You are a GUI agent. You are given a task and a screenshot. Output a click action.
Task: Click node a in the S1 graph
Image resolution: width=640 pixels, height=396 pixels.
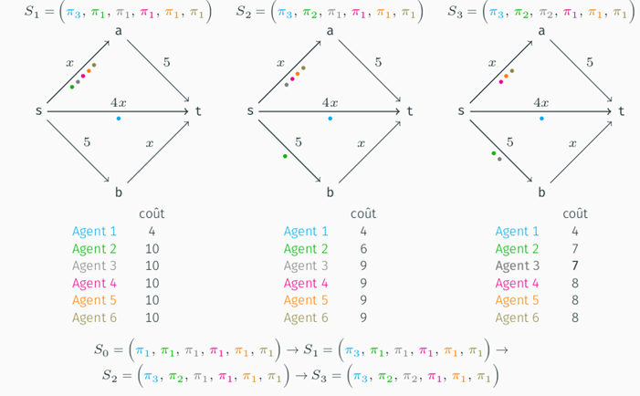tap(119, 32)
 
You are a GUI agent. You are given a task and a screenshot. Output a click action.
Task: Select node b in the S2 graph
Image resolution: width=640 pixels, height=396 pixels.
tap(330, 193)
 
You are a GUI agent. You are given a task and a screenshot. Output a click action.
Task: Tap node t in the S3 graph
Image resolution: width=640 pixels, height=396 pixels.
tap(622, 111)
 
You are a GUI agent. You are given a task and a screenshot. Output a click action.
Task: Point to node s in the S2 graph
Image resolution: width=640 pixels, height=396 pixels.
tap(250, 111)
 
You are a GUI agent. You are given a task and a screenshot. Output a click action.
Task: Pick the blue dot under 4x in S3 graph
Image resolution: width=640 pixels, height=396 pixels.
tap(541, 119)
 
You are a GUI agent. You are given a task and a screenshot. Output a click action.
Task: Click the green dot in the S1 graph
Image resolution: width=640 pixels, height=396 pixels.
tap(72, 87)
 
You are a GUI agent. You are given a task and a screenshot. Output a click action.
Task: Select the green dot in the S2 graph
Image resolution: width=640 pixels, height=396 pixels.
tap(285, 156)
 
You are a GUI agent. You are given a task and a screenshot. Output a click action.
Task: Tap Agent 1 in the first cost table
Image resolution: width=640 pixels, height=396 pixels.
tap(95, 232)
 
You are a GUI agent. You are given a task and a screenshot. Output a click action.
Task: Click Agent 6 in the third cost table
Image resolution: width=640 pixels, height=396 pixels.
tap(518, 318)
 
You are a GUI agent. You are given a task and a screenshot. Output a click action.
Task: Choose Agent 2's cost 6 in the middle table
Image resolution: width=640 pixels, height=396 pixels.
tap(363, 249)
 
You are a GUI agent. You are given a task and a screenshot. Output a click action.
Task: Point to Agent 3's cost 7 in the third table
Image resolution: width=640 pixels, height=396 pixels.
tap(575, 266)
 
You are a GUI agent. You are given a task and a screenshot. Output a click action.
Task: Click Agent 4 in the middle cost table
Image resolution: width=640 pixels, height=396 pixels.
tap(306, 284)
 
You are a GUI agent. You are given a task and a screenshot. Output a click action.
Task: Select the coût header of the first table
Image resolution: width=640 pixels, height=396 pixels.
tap(152, 214)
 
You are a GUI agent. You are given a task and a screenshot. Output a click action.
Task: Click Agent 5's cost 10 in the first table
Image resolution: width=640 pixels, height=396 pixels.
tap(152, 301)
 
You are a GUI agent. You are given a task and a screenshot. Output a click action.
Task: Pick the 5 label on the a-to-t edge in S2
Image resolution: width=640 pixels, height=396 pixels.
tap(378, 62)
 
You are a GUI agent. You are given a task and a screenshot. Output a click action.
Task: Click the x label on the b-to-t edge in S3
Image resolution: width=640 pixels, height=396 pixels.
tap(572, 143)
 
